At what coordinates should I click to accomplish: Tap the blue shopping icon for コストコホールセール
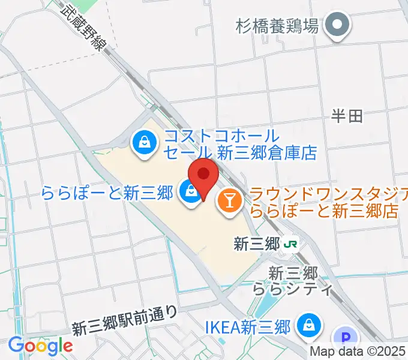[145, 143]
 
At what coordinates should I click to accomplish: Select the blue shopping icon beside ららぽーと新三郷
[190, 193]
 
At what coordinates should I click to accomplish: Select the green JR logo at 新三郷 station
[291, 244]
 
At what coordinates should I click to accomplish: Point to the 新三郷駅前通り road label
[125, 321]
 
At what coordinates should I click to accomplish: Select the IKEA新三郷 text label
[248, 327]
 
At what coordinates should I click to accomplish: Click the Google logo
[40, 346]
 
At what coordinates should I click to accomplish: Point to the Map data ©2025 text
[358, 352]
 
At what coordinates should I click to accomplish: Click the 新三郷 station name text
[257, 244]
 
